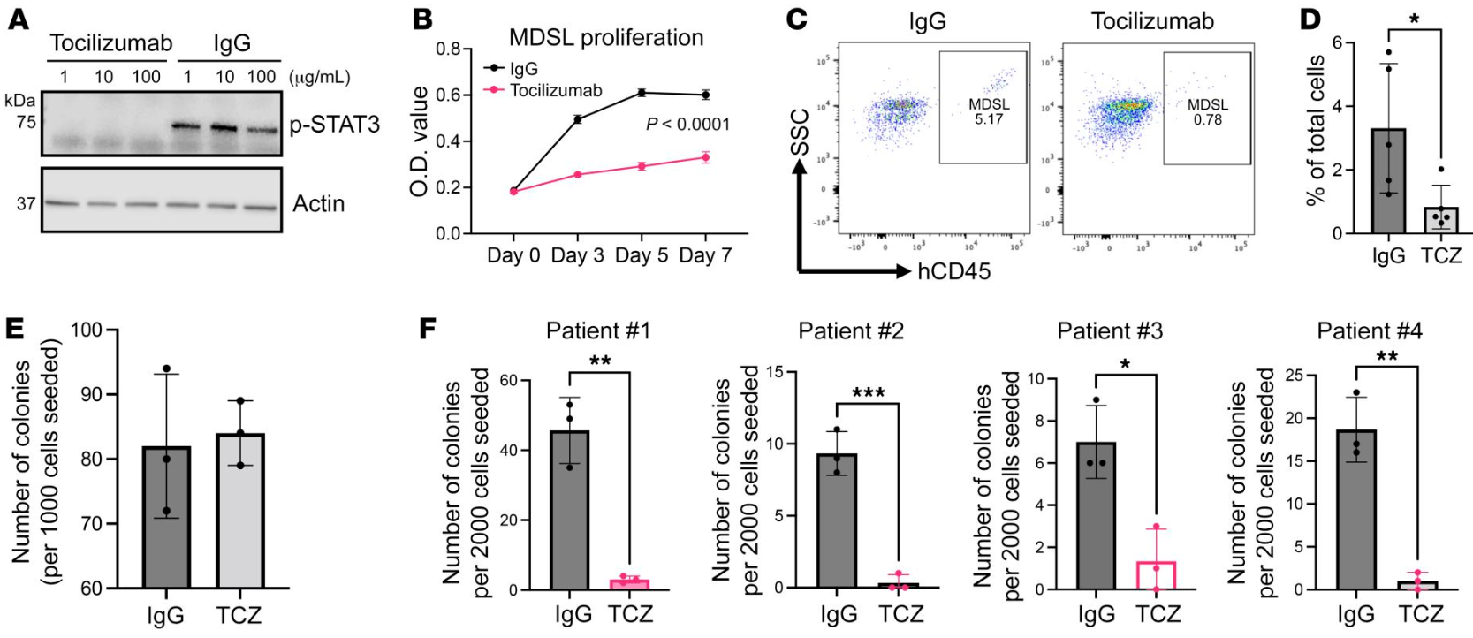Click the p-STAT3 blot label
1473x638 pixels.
335,125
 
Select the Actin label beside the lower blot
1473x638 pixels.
319,204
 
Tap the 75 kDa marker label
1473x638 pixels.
27,122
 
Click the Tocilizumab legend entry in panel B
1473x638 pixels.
556,90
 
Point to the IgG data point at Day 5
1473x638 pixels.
642,92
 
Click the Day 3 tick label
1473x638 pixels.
577,256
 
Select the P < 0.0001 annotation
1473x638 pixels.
688,125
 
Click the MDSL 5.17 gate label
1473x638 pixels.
989,111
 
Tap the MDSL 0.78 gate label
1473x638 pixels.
1207,111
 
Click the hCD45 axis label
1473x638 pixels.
953,271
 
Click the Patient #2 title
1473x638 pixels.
850,331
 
